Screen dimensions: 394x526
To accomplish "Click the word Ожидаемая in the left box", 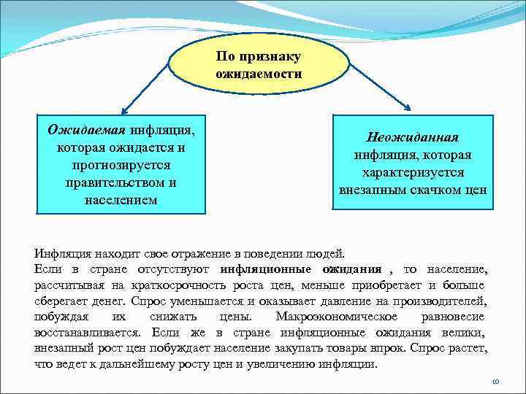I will click(x=86, y=131).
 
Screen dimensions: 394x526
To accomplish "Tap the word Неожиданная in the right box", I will click(x=413, y=138).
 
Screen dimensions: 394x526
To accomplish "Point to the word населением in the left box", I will click(x=121, y=199).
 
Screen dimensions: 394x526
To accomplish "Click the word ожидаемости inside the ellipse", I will click(x=259, y=74).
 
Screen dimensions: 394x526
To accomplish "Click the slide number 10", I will click(x=494, y=382).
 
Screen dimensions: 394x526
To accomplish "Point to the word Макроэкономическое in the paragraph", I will click(x=337, y=317).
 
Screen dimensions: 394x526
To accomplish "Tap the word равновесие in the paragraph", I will click(x=454, y=317).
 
